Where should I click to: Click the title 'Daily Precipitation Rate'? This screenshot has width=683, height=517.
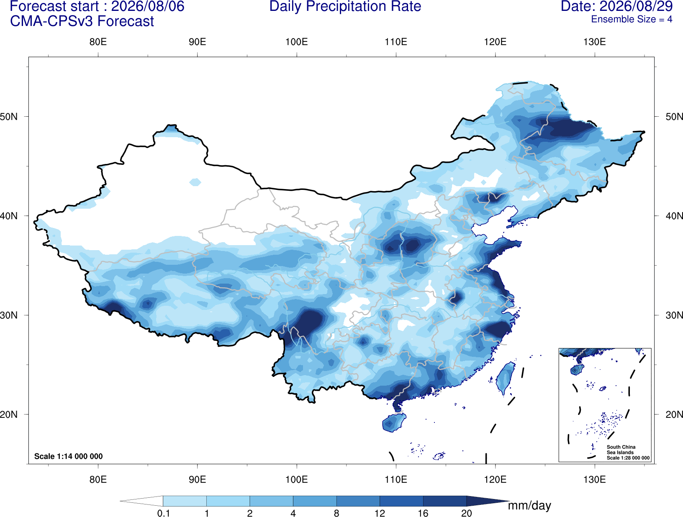point(345,6)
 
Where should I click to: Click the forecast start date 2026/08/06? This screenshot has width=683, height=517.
point(147,6)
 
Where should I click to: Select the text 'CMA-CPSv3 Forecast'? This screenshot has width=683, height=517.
point(82,21)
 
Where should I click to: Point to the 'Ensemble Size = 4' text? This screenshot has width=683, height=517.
point(632,19)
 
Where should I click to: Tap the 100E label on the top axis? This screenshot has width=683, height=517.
point(297,42)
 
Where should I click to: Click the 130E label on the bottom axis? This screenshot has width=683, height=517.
point(595,479)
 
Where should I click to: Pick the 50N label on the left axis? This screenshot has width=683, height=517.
point(9,117)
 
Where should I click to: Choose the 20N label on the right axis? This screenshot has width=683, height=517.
point(674,414)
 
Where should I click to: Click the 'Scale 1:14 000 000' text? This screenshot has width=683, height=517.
point(69,456)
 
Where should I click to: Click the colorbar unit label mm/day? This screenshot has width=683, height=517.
point(529,505)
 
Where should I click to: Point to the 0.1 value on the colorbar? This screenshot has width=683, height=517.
point(163,513)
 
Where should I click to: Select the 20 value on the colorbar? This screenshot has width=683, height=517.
point(467,513)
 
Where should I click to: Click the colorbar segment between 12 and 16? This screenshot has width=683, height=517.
point(401,501)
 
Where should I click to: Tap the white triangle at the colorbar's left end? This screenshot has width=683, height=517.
point(141,501)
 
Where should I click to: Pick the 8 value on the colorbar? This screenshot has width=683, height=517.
point(336,513)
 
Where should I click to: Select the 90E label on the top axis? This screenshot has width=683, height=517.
point(197,42)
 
